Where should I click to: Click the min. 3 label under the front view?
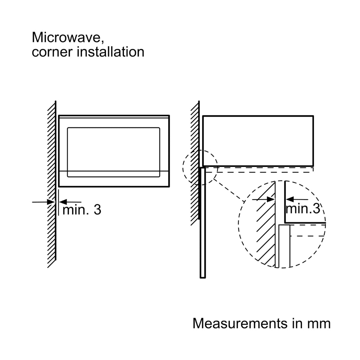(82, 210)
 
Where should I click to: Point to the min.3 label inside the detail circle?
(303, 209)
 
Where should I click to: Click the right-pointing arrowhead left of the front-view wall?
(51, 202)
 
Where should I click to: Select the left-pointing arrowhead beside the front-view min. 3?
(63, 202)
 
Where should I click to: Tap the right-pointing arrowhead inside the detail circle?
(271, 199)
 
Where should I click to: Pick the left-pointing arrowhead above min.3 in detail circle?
(290, 199)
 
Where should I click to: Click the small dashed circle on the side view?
(200, 167)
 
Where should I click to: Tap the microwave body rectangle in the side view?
(258, 141)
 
